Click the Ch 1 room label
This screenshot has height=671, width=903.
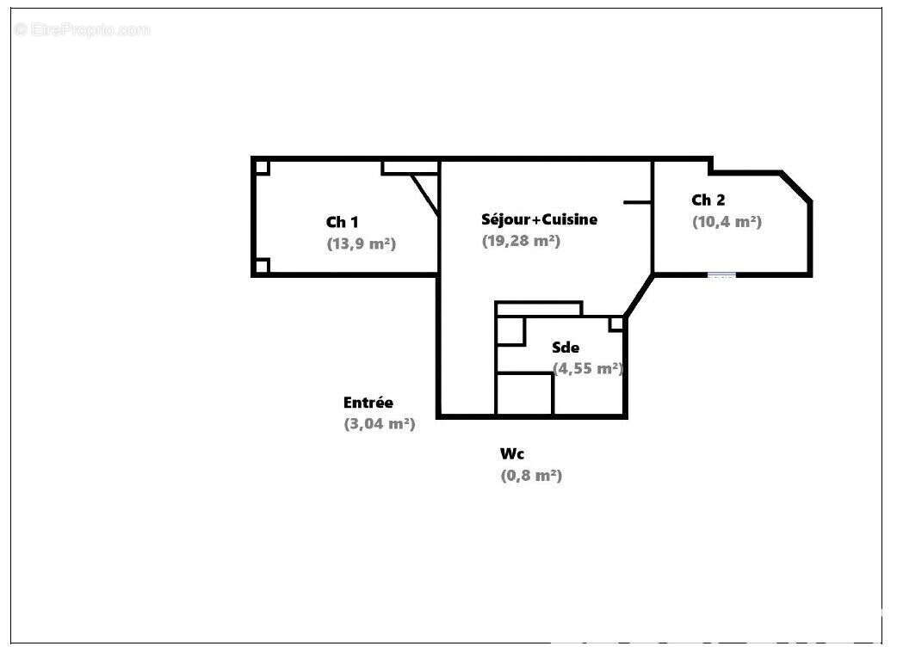[342, 222]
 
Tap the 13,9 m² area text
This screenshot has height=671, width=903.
[361, 243]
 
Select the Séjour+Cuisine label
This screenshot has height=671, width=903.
[539, 219]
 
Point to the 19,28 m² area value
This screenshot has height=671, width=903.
[521, 241]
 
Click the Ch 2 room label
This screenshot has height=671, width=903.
[708, 200]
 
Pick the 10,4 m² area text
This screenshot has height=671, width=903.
[727, 222]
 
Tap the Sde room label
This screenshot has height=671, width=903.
[566, 347]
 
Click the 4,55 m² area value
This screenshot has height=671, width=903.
[587, 368]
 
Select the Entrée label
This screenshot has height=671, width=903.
[368, 403]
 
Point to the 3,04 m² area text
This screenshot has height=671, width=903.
[380, 424]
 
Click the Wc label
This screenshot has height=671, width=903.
[512, 453]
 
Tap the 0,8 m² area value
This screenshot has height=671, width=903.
[531, 476]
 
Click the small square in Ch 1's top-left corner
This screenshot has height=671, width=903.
[262, 168]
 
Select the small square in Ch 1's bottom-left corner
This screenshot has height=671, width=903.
[262, 267]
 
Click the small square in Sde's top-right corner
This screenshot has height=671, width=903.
[616, 324]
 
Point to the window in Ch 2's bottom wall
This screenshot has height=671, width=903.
[721, 275]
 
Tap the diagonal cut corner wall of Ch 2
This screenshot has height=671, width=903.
[796, 187]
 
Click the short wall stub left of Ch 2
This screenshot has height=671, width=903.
[638, 202]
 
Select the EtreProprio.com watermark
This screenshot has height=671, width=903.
[82, 29]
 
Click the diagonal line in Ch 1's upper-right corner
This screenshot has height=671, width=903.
[425, 195]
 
